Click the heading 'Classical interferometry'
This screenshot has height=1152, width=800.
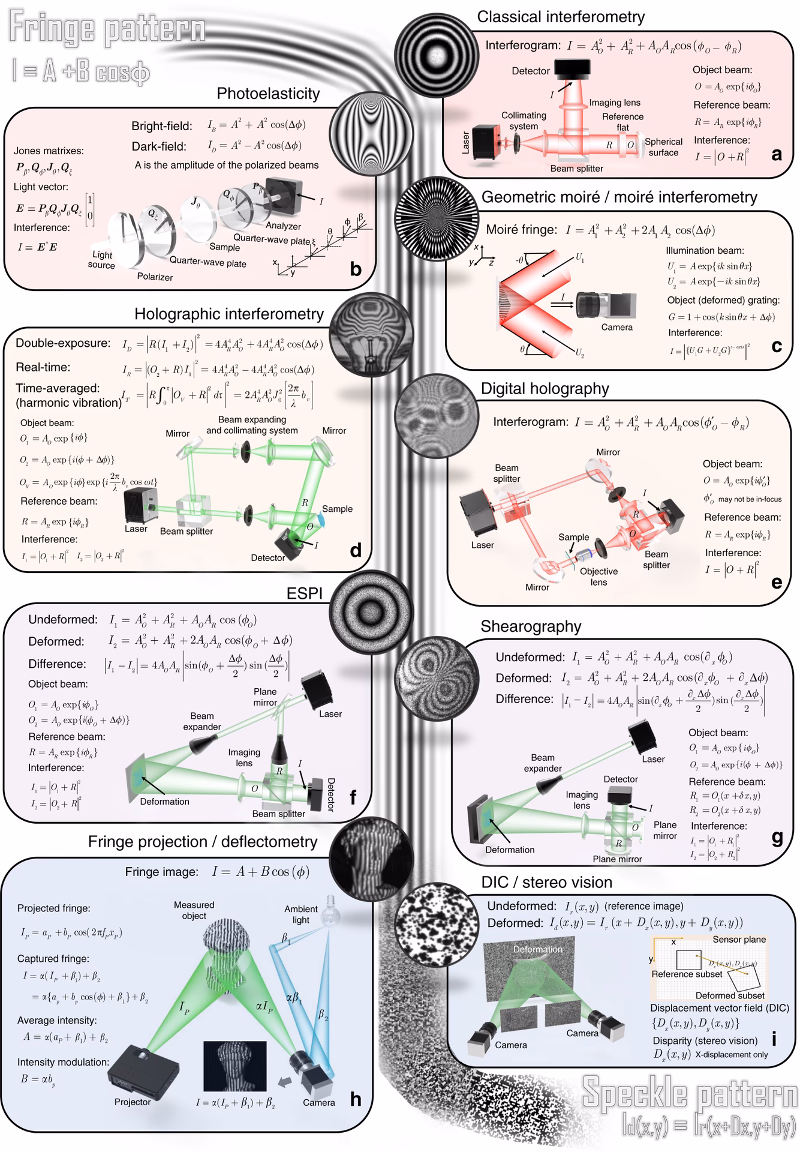tap(561, 17)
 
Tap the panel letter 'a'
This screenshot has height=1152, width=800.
tap(777, 155)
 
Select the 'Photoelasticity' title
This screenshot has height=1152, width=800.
tap(268, 94)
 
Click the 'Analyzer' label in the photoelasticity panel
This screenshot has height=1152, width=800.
tap(283, 226)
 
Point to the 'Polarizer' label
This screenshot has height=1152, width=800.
tap(155, 277)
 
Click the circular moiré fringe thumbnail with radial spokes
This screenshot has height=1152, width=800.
tap(437, 217)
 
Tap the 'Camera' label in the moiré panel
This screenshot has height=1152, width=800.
tap(616, 327)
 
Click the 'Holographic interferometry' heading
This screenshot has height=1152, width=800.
tap(228, 314)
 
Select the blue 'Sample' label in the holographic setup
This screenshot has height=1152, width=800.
tap(337, 509)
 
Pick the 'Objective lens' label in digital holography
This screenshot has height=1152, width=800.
tap(599, 577)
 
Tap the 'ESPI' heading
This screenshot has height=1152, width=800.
tap(305, 593)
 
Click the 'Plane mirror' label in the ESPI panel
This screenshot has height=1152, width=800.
tap(265, 697)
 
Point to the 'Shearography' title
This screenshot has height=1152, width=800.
tap(531, 626)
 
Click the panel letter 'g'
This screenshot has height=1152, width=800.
tap(777, 838)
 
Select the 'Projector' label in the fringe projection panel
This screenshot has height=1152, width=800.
tap(133, 1102)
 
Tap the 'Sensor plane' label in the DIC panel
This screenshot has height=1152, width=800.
tap(739, 939)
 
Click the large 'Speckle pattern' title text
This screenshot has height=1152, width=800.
tap(690, 1092)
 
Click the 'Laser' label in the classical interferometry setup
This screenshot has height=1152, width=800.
tap(466, 143)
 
